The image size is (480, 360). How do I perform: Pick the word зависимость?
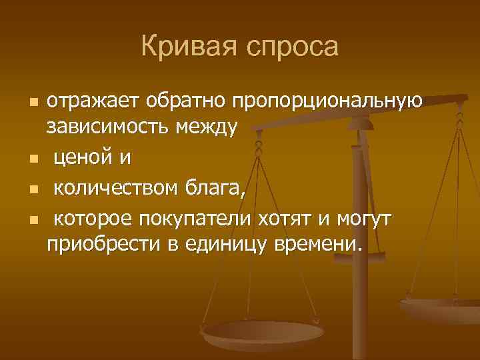tap(107, 127)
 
